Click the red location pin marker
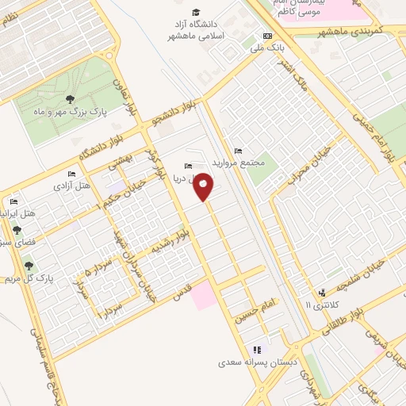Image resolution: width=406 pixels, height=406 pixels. (x=204, y=187)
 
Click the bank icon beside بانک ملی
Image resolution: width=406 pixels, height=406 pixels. (x=267, y=36)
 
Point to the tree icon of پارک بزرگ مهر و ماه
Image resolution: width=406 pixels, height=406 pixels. (x=70, y=100)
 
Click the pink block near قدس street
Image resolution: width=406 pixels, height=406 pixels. (x=203, y=295)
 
